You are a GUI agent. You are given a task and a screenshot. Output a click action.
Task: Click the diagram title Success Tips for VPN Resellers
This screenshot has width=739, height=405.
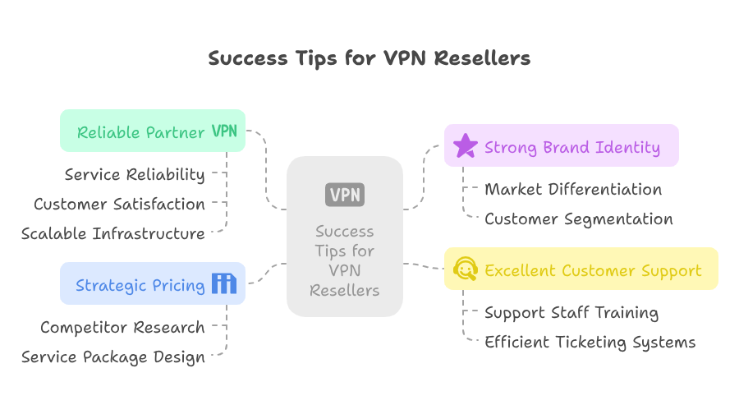pyautogui.click(x=369, y=58)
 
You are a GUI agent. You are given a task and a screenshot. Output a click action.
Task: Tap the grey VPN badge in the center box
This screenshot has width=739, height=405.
pyautogui.click(x=344, y=195)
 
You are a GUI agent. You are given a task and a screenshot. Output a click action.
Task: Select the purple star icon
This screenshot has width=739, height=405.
pyautogui.click(x=466, y=146)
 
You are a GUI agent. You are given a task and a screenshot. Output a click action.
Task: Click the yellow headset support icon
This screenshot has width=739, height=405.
pyautogui.click(x=466, y=269)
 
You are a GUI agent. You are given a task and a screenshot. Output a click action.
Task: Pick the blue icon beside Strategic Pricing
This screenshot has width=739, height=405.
pyautogui.click(x=223, y=284)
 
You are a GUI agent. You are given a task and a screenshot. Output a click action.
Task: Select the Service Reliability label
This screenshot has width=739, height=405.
pyautogui.click(x=135, y=174)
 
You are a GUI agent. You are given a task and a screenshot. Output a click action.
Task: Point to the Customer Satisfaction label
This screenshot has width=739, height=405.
pyautogui.click(x=119, y=204)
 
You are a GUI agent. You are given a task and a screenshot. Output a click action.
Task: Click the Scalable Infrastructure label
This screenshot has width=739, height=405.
pyautogui.click(x=112, y=234)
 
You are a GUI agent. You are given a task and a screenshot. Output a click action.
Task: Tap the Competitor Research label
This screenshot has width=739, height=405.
pyautogui.click(x=122, y=328)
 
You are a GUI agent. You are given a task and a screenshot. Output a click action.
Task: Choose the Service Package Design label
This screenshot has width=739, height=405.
pyautogui.click(x=112, y=357)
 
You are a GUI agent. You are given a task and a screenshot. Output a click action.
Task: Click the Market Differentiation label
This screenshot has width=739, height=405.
pyautogui.click(x=573, y=190)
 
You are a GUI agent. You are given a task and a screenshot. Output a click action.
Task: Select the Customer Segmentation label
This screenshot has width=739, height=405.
pyautogui.click(x=578, y=219)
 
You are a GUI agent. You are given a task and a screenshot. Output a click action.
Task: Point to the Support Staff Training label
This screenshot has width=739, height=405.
pyautogui.click(x=571, y=313)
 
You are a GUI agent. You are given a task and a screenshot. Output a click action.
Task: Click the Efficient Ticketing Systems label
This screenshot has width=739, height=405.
pyautogui.click(x=590, y=343)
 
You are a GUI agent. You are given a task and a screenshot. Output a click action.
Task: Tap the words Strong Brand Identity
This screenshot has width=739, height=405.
pyautogui.click(x=571, y=148)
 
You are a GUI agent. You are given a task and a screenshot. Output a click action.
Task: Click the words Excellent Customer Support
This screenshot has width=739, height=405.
pyautogui.click(x=593, y=270)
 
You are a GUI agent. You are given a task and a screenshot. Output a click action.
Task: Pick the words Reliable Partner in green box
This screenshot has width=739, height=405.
pyautogui.click(x=140, y=132)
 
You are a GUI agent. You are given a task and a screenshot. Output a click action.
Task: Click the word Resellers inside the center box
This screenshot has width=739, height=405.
pyautogui.click(x=344, y=290)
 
